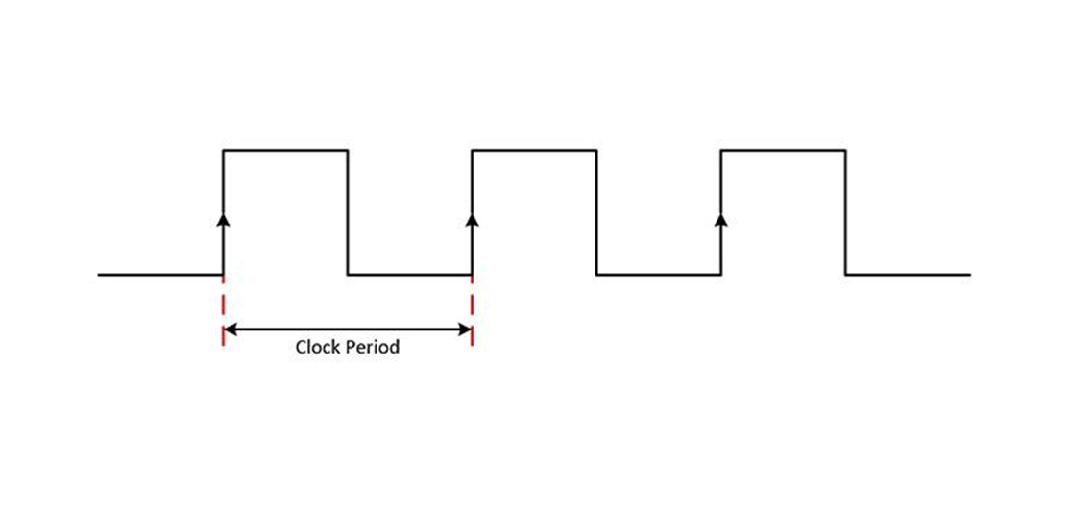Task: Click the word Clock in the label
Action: click(317, 347)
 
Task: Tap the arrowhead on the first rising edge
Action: click(224, 219)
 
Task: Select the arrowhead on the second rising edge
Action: click(473, 219)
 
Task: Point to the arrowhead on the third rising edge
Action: click(721, 219)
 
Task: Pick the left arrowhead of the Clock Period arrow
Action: click(230, 330)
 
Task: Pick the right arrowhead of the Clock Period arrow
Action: click(466, 330)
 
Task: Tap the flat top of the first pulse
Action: click(285, 150)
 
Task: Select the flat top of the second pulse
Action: click(534, 150)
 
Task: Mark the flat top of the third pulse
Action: click(784, 150)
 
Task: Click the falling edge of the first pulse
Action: click(348, 212)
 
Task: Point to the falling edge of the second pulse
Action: click(596, 212)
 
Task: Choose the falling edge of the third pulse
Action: click(846, 212)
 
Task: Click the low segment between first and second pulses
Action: click(410, 275)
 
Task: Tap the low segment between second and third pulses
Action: click(659, 275)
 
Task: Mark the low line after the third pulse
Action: click(909, 275)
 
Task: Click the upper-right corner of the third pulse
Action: click(846, 150)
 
